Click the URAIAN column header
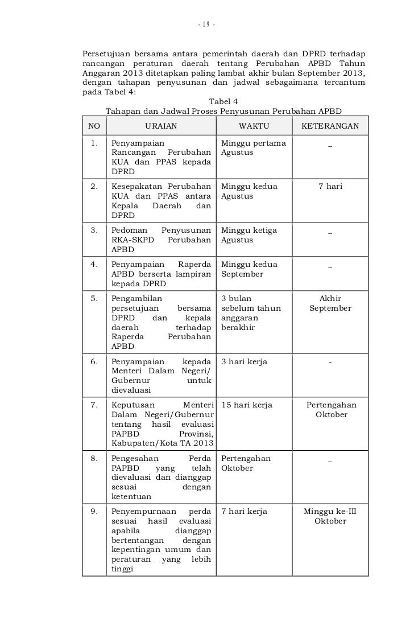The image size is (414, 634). click(x=161, y=126)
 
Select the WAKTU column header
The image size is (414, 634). click(x=254, y=126)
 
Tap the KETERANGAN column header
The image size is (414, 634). click(x=330, y=126)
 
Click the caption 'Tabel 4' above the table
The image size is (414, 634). click(x=225, y=101)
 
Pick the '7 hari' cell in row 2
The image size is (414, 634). click(x=330, y=187)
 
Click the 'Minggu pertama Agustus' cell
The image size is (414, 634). click(x=253, y=148)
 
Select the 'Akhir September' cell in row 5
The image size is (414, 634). click(x=330, y=303)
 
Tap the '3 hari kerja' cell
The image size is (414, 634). click(x=244, y=362)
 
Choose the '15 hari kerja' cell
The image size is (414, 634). click(x=246, y=405)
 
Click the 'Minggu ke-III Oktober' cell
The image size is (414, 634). click(x=330, y=516)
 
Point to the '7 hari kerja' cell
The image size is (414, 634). click(x=244, y=512)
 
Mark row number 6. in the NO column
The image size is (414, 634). click(x=94, y=362)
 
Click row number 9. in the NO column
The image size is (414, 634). click(x=94, y=512)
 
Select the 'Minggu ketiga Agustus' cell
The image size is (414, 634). click(x=249, y=235)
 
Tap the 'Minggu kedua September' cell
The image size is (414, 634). click(x=249, y=269)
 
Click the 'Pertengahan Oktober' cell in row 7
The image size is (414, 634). click(x=330, y=410)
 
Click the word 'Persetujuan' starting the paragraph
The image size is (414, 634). click(x=108, y=53)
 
